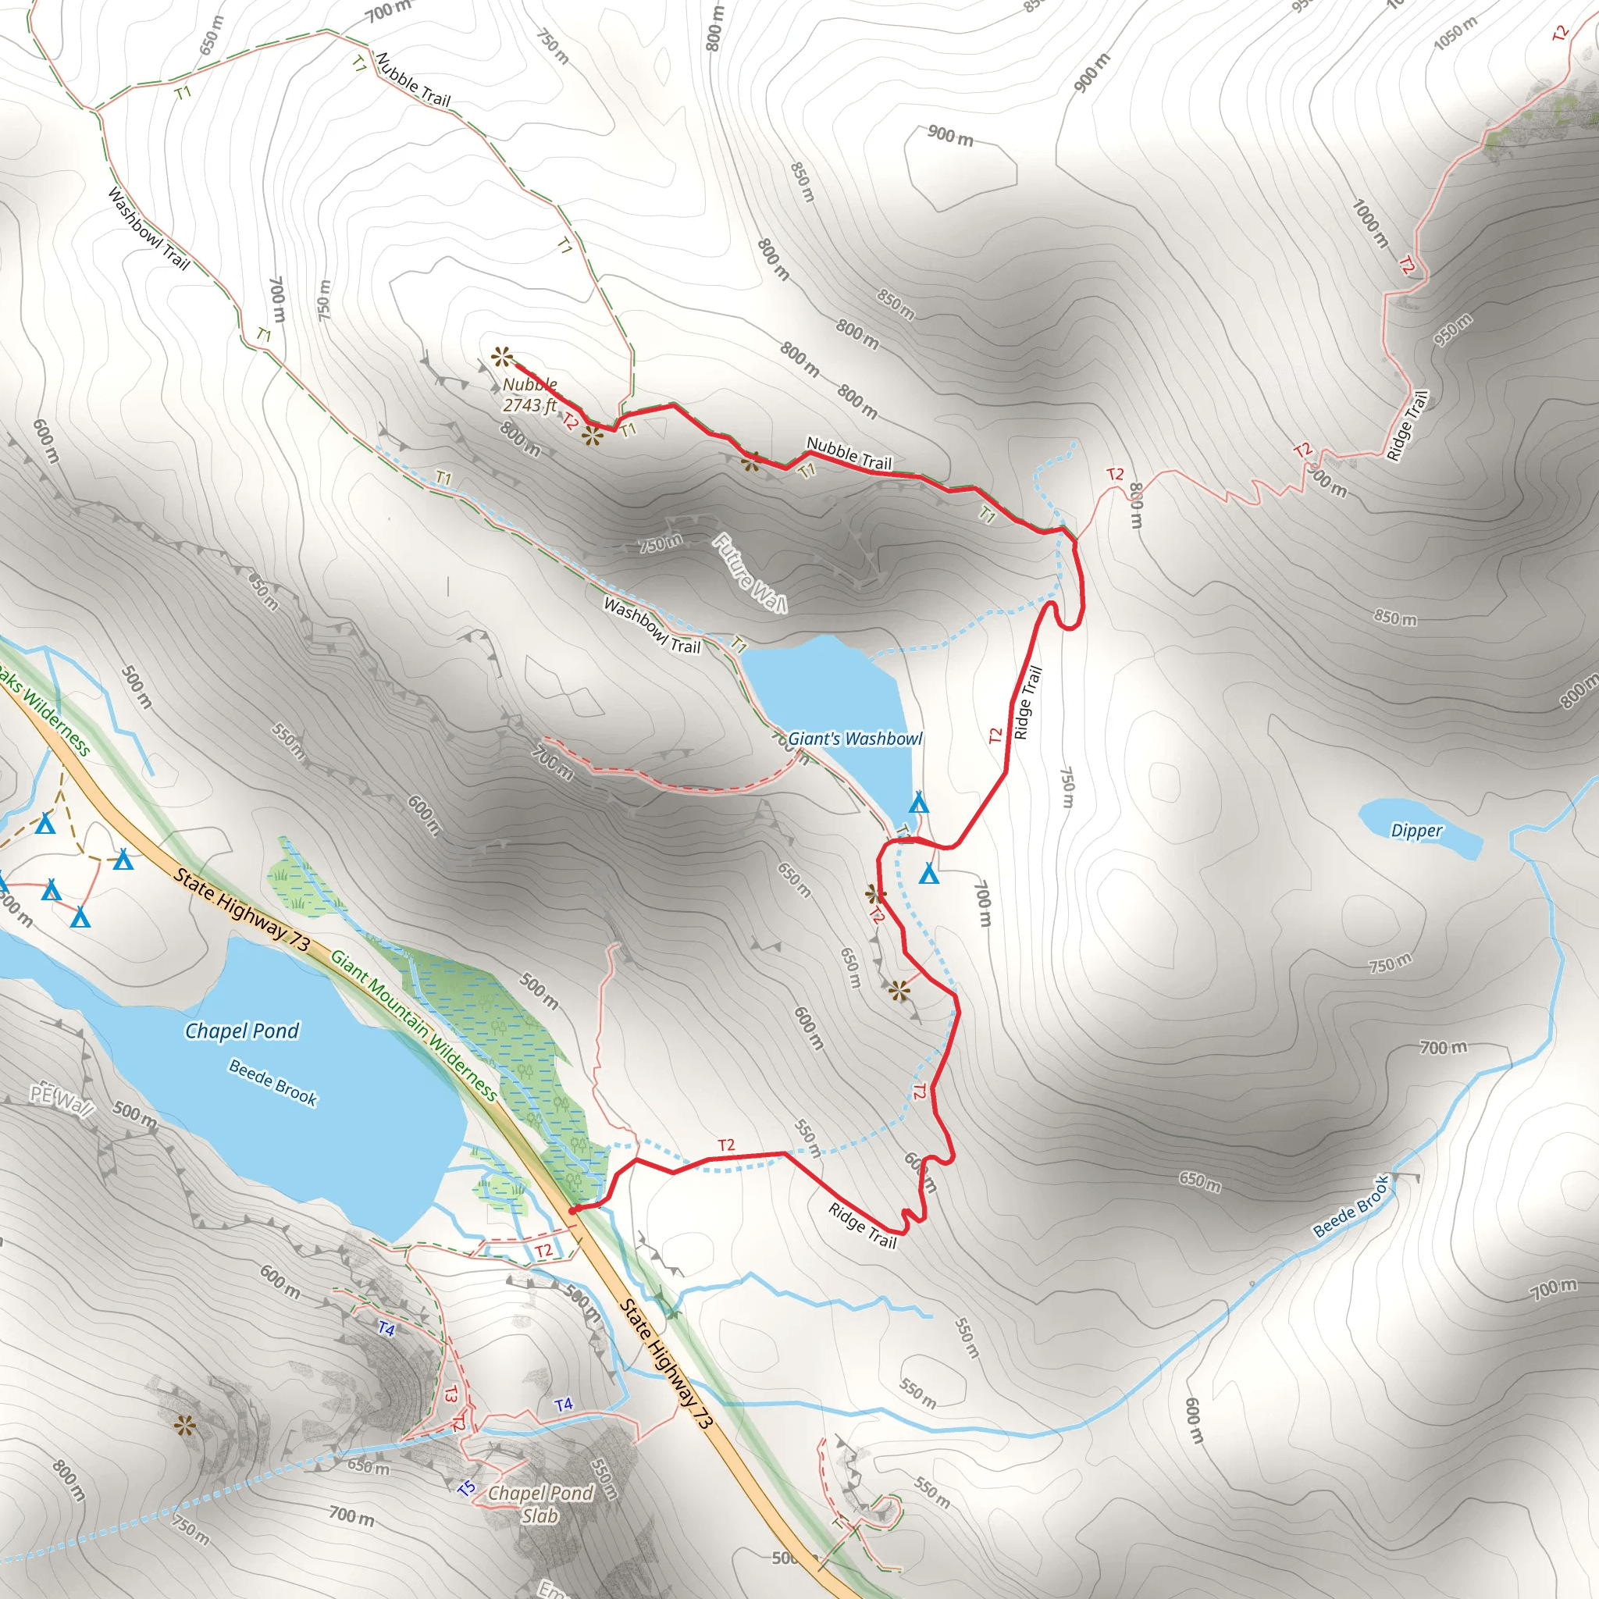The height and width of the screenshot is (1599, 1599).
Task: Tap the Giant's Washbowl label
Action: click(x=854, y=739)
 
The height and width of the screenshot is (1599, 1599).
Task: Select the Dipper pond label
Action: click(x=1416, y=830)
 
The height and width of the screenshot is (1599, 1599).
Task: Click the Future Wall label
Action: click(x=750, y=574)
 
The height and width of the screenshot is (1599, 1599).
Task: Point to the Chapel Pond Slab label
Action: click(x=540, y=1504)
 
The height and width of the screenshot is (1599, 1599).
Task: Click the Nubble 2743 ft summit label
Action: click(x=530, y=395)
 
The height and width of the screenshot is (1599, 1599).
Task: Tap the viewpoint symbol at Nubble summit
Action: click(x=501, y=358)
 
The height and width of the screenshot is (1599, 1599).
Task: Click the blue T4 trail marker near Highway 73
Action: click(x=564, y=1405)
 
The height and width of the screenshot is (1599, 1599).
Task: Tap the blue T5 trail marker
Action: click(x=467, y=1488)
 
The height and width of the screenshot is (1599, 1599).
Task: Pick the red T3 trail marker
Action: click(x=451, y=1394)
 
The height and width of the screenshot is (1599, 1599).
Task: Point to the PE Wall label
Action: click(x=62, y=1100)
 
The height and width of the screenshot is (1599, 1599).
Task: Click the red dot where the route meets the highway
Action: click(x=572, y=1211)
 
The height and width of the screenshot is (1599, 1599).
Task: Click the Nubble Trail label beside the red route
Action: click(x=849, y=454)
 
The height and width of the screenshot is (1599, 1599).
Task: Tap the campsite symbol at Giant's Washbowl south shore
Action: click(x=919, y=803)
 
